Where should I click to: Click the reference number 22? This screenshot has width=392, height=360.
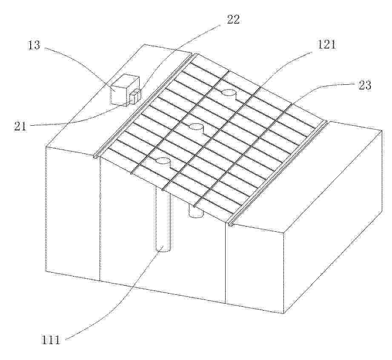233,20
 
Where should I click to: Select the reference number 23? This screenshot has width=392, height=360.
364,85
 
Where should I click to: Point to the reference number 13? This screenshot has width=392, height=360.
34,45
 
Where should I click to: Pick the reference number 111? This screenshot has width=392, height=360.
51,340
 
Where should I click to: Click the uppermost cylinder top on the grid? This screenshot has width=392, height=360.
229,92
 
